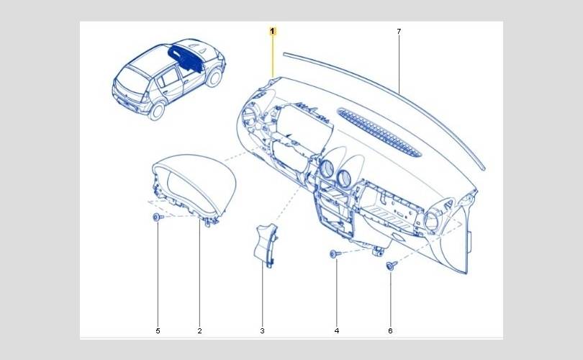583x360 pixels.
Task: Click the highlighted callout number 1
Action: coord(273,31)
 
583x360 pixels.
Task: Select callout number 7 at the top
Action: coord(399,31)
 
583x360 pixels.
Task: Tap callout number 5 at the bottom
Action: coord(158,330)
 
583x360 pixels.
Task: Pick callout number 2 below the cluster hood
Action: coord(199,330)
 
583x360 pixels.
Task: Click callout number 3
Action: coord(262,330)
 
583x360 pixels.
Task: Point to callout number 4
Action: coord(336,330)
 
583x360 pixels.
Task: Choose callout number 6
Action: coord(391,330)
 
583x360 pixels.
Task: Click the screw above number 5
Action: coord(157,217)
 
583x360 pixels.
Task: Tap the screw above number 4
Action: coord(335,253)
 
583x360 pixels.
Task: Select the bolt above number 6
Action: coord(391,266)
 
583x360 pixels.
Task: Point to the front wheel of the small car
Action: coord(214,77)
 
